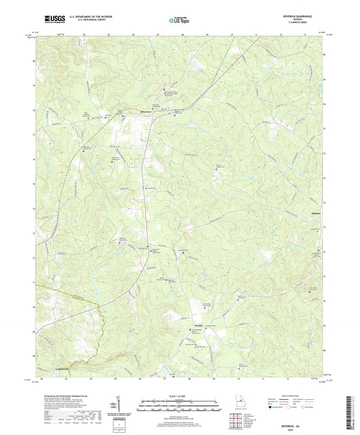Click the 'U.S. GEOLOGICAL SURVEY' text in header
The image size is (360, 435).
[80, 21]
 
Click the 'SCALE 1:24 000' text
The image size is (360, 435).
[179, 394]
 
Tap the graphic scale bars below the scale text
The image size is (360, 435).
[179, 405]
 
